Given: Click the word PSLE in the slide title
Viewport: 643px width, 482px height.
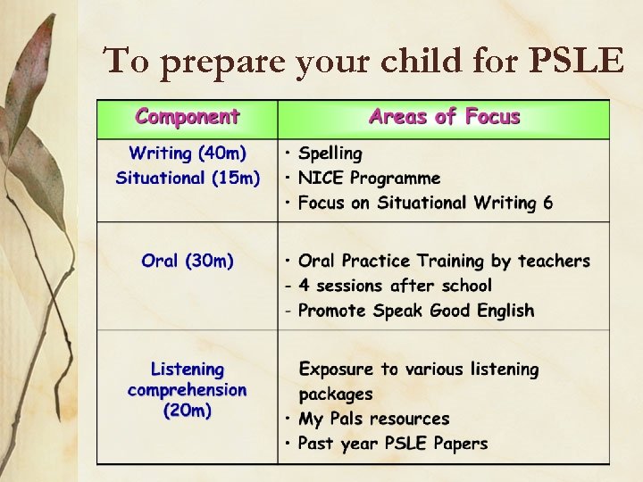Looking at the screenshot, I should [577, 61].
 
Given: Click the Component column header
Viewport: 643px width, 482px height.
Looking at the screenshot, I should [188, 117].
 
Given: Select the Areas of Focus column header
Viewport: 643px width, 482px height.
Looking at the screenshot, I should [444, 117].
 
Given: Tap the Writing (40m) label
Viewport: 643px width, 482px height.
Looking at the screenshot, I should [188, 154].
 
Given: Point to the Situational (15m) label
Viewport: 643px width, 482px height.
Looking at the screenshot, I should [188, 178].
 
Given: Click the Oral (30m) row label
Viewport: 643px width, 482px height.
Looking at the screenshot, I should [188, 261].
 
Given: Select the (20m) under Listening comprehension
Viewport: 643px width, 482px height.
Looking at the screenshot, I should [188, 411].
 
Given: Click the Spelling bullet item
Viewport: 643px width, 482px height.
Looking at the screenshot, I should [330, 154].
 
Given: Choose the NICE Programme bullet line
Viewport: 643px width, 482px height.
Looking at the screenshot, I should [369, 179].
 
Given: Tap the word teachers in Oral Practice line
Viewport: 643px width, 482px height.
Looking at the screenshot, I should [554, 261].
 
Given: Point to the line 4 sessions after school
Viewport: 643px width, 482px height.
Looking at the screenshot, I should [394, 286].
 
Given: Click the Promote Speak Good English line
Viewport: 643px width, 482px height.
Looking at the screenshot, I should [415, 311].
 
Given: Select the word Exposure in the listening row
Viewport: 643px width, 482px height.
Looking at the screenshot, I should [337, 369].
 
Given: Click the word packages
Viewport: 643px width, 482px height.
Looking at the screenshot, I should [336, 394].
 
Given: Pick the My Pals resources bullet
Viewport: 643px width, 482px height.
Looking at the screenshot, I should [373, 419].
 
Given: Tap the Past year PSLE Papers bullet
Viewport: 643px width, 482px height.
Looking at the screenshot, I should [392, 444].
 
